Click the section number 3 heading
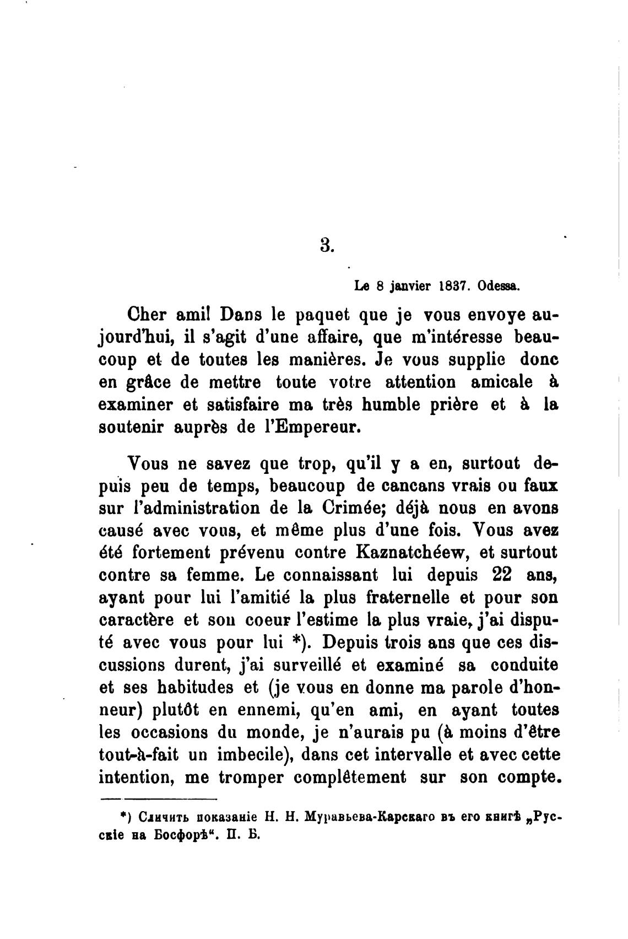pyautogui.click(x=327, y=245)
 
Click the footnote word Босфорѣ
pyautogui.click(x=182, y=834)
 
